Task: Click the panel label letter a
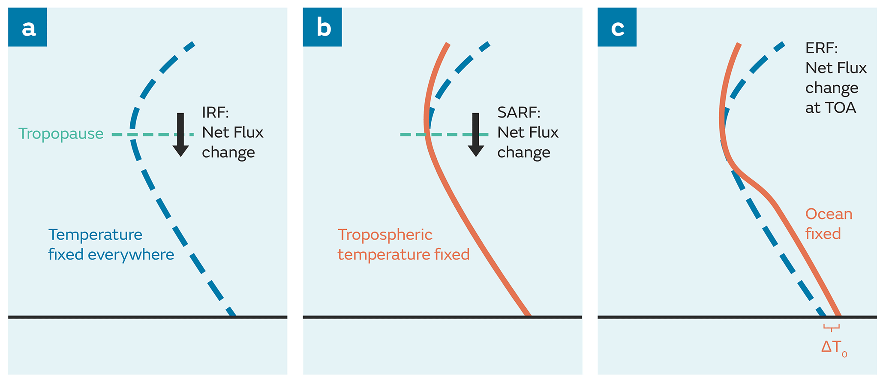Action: [28, 28]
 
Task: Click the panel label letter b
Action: [323, 28]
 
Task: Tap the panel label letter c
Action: [617, 28]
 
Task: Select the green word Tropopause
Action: [61, 134]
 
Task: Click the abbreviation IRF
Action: [215, 113]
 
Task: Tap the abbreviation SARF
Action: [518, 113]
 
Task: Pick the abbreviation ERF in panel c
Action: [821, 48]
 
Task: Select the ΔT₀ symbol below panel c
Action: [833, 347]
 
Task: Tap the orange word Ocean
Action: [829, 214]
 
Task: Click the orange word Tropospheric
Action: [385, 235]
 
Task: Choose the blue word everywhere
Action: [131, 255]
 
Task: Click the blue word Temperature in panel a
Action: [95, 235]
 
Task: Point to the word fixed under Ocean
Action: [823, 234]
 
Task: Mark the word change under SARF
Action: [523, 153]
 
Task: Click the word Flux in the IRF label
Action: [248, 133]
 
